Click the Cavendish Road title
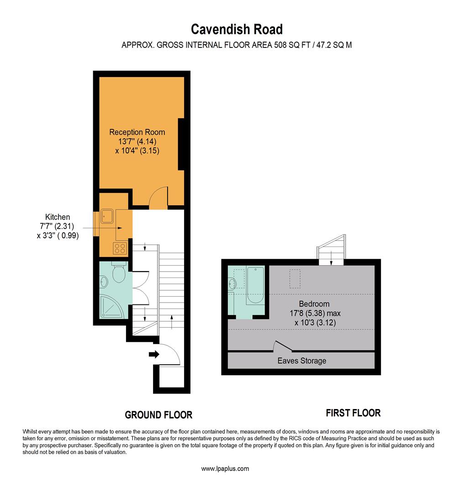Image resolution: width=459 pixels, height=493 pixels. (x=237, y=29)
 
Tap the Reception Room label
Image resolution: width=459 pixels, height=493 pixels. (x=137, y=132)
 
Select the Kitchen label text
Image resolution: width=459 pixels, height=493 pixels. (x=58, y=217)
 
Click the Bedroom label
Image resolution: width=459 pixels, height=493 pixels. (x=314, y=304)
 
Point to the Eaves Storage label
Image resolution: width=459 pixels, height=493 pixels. (x=302, y=361)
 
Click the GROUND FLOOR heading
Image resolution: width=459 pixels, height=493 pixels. (x=158, y=415)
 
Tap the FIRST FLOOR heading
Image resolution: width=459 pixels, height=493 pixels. (x=353, y=413)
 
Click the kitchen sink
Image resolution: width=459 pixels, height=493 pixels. (x=107, y=216)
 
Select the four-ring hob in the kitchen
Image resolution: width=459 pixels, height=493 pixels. (x=120, y=248)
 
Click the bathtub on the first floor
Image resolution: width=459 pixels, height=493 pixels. (x=255, y=285)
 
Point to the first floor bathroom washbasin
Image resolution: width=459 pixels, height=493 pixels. (x=232, y=283)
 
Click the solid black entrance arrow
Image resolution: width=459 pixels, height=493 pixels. (x=154, y=354)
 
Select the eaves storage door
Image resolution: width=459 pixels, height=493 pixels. (x=283, y=346)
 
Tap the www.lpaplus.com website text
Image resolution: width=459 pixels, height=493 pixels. (x=225, y=469)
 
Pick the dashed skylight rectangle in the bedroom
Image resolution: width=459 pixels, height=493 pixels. (x=295, y=278)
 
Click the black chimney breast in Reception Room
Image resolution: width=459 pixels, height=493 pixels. (x=181, y=144)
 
